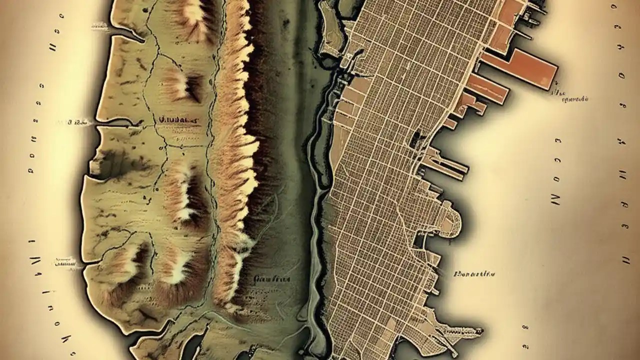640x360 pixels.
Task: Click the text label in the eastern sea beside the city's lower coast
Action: pyautogui.click(x=474, y=274)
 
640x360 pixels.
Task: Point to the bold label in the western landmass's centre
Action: pyautogui.click(x=178, y=120)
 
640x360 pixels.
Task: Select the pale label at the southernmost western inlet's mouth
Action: pyautogui.click(x=65, y=260)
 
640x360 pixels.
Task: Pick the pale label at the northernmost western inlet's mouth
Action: pyautogui.click(x=100, y=25)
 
